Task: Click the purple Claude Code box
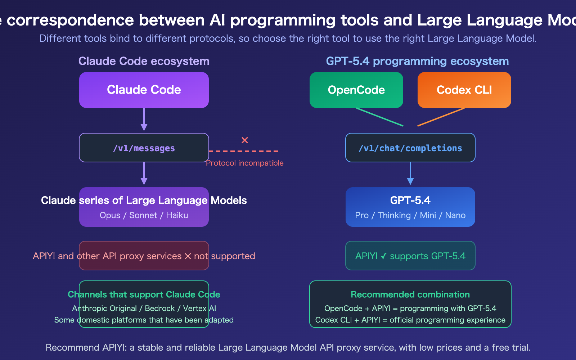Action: click(x=144, y=90)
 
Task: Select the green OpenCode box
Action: click(x=356, y=90)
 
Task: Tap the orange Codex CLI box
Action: click(x=464, y=90)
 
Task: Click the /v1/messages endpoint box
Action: click(x=144, y=148)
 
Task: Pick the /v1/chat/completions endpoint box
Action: click(x=410, y=148)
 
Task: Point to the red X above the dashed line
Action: click(x=245, y=140)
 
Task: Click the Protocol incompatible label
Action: click(x=245, y=163)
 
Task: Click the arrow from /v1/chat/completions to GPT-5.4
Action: click(x=410, y=174)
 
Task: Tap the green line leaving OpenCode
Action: click(x=380, y=117)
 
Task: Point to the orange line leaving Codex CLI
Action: click(x=441, y=117)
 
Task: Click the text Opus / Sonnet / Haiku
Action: click(x=144, y=215)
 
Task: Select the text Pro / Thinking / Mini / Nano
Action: click(x=410, y=215)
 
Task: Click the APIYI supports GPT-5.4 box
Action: click(x=410, y=256)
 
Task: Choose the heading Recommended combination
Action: click(x=410, y=294)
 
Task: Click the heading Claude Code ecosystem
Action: click(x=144, y=61)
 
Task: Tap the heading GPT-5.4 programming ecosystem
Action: click(x=418, y=61)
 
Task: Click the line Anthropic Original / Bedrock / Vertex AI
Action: click(x=144, y=309)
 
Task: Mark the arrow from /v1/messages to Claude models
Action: click(x=144, y=174)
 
